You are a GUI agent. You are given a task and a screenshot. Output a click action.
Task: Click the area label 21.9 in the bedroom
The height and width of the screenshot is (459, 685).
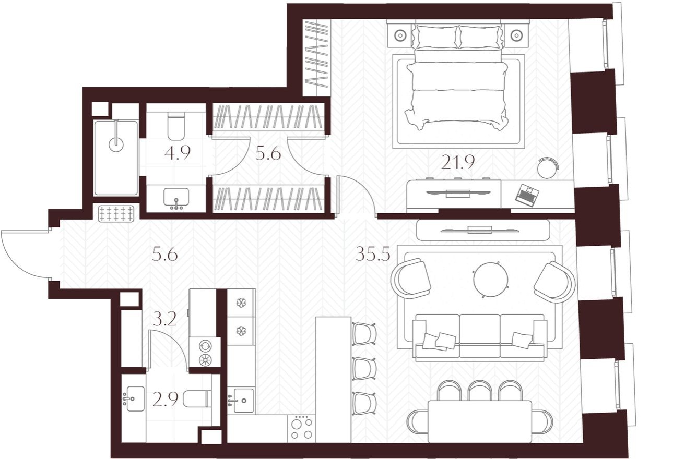point(457,162)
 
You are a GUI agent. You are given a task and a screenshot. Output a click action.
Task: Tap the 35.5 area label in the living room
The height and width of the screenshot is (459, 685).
point(373,253)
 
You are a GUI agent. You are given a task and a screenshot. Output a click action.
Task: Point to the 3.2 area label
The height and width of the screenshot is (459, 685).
point(165,319)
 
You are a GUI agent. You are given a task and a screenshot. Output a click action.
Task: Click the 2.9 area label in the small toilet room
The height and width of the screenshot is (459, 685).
point(165,399)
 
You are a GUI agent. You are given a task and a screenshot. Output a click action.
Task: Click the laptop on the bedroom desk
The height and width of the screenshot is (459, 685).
point(527,194)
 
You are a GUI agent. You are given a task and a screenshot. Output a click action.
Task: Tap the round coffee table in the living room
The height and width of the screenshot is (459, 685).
point(490,279)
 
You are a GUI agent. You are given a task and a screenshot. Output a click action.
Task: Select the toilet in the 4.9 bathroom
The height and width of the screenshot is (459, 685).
point(176,126)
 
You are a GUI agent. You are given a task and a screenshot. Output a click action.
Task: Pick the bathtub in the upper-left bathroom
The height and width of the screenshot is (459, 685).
point(116,158)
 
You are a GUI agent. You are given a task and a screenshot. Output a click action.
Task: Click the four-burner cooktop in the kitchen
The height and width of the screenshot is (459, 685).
point(301,428)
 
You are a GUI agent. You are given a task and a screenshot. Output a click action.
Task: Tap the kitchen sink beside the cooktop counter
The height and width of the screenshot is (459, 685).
point(241,401)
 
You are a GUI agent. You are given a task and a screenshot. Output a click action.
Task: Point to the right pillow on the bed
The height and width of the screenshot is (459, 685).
point(479,37)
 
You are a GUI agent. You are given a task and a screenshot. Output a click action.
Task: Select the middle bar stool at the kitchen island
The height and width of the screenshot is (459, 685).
point(364,369)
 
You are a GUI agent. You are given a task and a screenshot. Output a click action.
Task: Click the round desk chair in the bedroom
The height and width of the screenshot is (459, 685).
point(548,167)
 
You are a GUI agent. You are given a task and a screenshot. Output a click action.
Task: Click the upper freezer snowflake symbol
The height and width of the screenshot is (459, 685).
point(241,303)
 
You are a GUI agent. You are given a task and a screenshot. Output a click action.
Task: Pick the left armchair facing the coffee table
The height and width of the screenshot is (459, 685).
point(411,278)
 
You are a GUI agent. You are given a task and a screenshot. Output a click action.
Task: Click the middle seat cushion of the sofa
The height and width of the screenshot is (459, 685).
point(479,335)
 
